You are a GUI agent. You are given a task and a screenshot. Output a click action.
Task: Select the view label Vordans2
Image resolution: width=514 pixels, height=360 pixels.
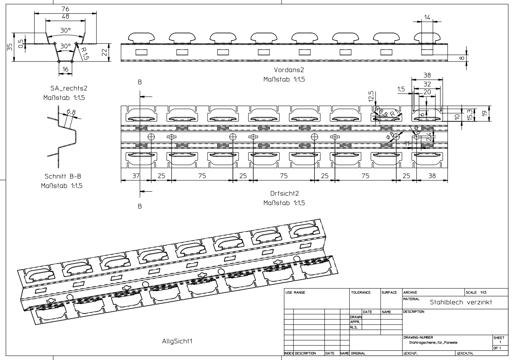284,70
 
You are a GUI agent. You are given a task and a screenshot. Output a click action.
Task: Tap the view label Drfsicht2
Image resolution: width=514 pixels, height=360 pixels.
284,194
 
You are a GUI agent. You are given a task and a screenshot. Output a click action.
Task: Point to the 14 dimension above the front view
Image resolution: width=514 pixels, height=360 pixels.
427,17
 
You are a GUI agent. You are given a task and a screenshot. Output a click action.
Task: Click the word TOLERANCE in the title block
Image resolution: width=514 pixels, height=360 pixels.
361,293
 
